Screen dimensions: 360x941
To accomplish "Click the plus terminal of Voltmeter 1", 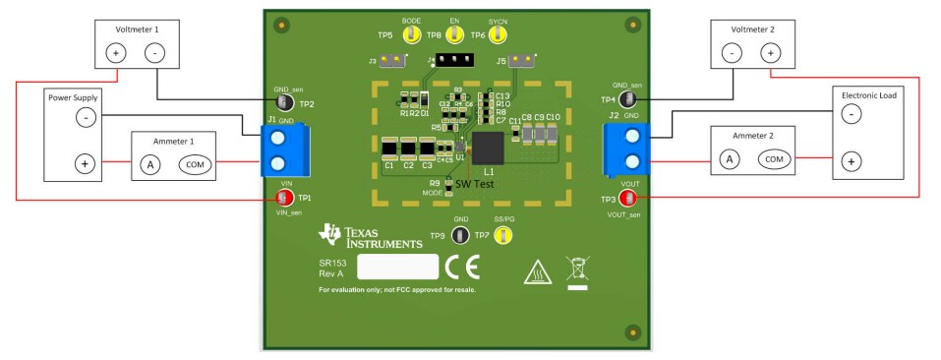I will tap(116, 53).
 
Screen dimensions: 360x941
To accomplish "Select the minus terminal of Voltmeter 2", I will tap(732, 53).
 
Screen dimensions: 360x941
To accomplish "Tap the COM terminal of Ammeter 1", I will tap(195, 164).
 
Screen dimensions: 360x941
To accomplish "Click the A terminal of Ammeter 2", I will tap(729, 159).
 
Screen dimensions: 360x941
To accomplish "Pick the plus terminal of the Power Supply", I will tap(86, 163).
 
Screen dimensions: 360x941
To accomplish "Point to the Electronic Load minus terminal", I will tap(852, 114).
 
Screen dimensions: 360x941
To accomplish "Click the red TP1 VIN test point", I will tap(285, 197).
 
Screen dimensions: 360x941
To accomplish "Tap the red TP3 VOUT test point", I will tap(627, 199).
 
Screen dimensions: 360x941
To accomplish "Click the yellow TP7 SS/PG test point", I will tap(503, 234).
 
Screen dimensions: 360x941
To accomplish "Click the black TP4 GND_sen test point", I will tap(627, 98).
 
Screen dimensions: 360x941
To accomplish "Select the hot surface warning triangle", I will tap(539, 270).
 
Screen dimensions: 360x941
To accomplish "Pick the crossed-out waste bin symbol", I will tap(577, 270).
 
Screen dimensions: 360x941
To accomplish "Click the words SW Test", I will tap(474, 184).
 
